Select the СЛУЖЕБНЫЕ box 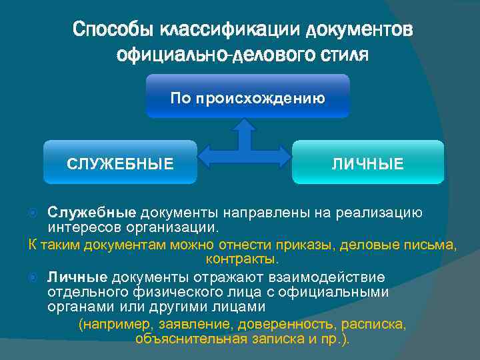(120, 163)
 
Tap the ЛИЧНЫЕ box (368, 163)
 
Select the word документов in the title (360, 31)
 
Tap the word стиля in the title (345, 54)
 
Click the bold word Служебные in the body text (92, 213)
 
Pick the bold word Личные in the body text (77, 277)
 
